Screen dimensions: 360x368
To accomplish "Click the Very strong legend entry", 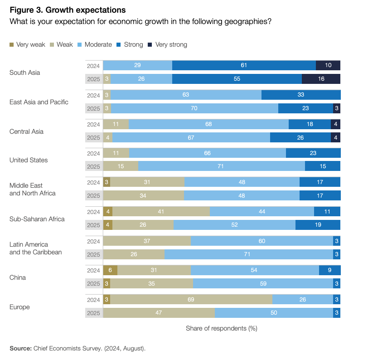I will pos(171,44).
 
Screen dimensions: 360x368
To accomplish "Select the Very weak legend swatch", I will pos(12,44).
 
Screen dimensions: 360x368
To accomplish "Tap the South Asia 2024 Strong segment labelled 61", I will pos(244,65).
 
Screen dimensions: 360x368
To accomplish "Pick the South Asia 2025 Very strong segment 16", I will pos(321,79).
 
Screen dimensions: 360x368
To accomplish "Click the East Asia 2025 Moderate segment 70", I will pos(194,108).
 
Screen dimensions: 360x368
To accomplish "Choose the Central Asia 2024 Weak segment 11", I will pos(116,124).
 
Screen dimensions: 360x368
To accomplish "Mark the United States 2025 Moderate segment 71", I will pos(221,166).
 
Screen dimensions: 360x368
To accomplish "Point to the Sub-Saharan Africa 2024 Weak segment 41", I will pos(161,212).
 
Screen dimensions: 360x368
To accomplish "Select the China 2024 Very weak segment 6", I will pos(110,270).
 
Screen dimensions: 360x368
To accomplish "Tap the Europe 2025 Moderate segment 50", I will pos(274,313).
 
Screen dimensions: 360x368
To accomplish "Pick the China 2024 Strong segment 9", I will pos(329,270).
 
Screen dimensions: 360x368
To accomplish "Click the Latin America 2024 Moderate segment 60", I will pos(261,241).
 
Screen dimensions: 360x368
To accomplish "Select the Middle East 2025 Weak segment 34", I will pos(143,195).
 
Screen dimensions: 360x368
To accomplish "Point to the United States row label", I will pos(29,160).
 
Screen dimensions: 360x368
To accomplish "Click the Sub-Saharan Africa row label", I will pos(37,219).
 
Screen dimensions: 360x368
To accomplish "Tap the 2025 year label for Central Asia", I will pos(94,138).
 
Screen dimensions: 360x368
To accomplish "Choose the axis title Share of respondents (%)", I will pos(221,328).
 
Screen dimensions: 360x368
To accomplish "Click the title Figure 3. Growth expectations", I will pos(68,10).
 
